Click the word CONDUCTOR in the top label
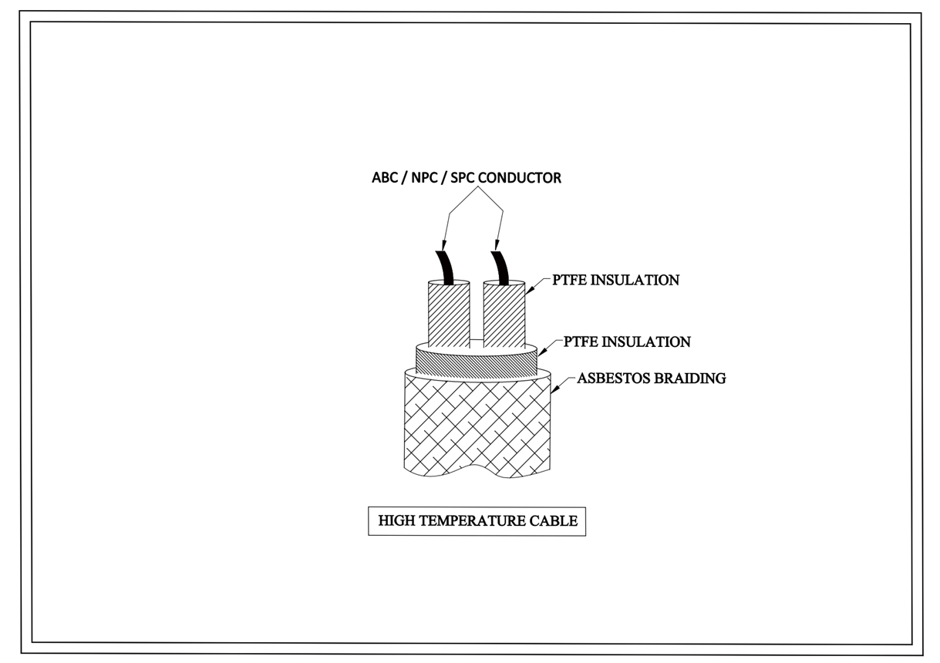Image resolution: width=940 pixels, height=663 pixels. point(520,178)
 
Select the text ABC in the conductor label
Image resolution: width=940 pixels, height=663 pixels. point(385,178)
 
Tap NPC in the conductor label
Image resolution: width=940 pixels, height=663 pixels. point(424,178)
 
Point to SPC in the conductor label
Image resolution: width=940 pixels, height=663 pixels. point(463,178)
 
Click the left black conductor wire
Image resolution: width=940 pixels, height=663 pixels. point(446,268)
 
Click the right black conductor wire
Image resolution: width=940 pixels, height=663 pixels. point(501,268)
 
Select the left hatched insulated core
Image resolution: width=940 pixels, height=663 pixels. point(449,314)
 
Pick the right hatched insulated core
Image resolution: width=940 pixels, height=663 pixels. point(504,314)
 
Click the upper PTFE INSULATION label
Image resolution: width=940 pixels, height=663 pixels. point(615,281)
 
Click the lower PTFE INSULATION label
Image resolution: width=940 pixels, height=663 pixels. point(627,342)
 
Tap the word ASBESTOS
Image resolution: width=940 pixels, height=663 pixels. point(614,379)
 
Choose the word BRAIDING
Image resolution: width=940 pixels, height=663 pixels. point(690,379)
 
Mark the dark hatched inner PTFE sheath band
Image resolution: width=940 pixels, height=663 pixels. point(477,364)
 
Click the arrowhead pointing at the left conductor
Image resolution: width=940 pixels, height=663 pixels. point(443,246)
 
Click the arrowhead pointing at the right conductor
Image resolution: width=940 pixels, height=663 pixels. point(497,246)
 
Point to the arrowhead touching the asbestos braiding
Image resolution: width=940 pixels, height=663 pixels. point(554,389)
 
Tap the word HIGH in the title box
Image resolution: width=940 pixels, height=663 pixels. point(397,521)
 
